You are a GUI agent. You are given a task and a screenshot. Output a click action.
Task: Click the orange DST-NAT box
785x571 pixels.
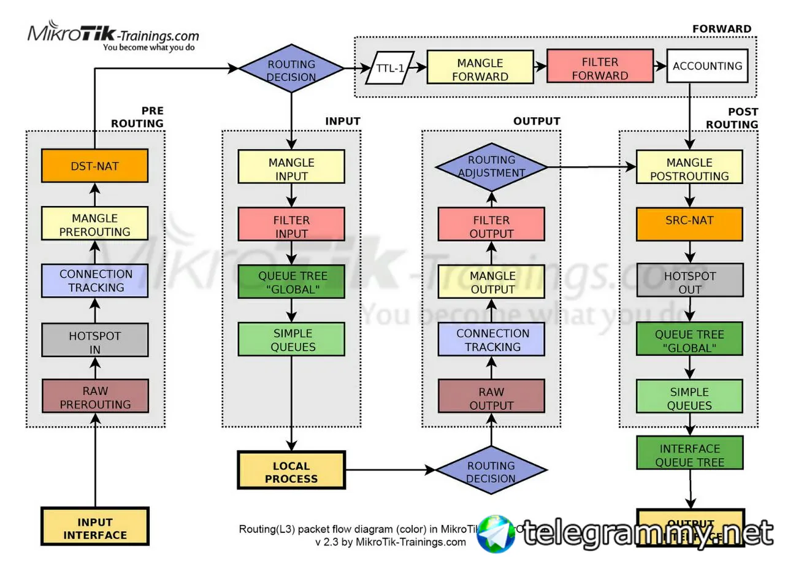[94, 166]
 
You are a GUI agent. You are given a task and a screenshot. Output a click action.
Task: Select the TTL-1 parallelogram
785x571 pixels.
[389, 67]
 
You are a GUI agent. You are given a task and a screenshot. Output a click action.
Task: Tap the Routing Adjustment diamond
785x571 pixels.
[491, 166]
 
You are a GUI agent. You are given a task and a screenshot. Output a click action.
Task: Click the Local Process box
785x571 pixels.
[291, 470]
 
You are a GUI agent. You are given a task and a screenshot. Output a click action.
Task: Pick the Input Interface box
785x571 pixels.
[95, 526]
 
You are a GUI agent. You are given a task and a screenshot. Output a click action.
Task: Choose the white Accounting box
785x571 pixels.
[707, 66]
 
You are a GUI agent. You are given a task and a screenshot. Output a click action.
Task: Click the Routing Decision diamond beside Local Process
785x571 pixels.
[491, 470]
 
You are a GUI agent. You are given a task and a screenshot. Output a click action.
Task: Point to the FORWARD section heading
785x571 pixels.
[721, 29]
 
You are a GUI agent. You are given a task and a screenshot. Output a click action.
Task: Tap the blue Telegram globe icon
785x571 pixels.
[496, 533]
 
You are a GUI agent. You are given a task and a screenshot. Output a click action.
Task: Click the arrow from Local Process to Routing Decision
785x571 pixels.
[390, 470]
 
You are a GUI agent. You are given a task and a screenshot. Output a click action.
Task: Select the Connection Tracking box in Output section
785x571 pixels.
[491, 339]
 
